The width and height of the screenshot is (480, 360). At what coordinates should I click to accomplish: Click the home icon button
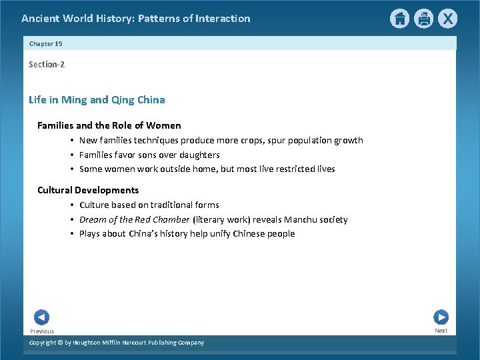click(x=399, y=19)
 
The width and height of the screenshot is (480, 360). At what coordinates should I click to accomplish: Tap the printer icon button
click(x=423, y=19)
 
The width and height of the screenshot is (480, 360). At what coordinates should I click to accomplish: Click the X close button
click(x=447, y=19)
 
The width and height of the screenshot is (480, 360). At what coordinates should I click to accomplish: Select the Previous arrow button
click(x=41, y=317)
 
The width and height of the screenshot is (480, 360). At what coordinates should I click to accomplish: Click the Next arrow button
click(x=441, y=317)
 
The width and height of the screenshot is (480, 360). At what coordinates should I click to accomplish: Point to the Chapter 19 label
click(x=46, y=43)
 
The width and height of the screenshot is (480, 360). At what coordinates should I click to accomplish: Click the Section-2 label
click(x=47, y=65)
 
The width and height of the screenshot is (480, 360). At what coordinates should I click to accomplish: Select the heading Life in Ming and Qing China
click(x=97, y=100)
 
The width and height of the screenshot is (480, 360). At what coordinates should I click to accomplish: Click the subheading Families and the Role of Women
click(x=109, y=125)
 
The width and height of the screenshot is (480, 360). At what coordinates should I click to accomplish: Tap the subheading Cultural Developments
click(x=88, y=190)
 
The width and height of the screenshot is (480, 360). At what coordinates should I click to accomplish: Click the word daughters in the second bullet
click(x=199, y=155)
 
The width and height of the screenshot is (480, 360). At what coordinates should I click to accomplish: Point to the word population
click(x=311, y=140)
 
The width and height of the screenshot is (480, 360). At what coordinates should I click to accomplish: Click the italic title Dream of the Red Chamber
click(x=134, y=219)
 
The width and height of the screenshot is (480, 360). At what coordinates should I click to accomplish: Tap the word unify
click(x=220, y=233)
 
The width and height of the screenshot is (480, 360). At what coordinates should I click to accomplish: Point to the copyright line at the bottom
click(x=117, y=343)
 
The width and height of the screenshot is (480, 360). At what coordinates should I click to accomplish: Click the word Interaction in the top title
click(x=223, y=19)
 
